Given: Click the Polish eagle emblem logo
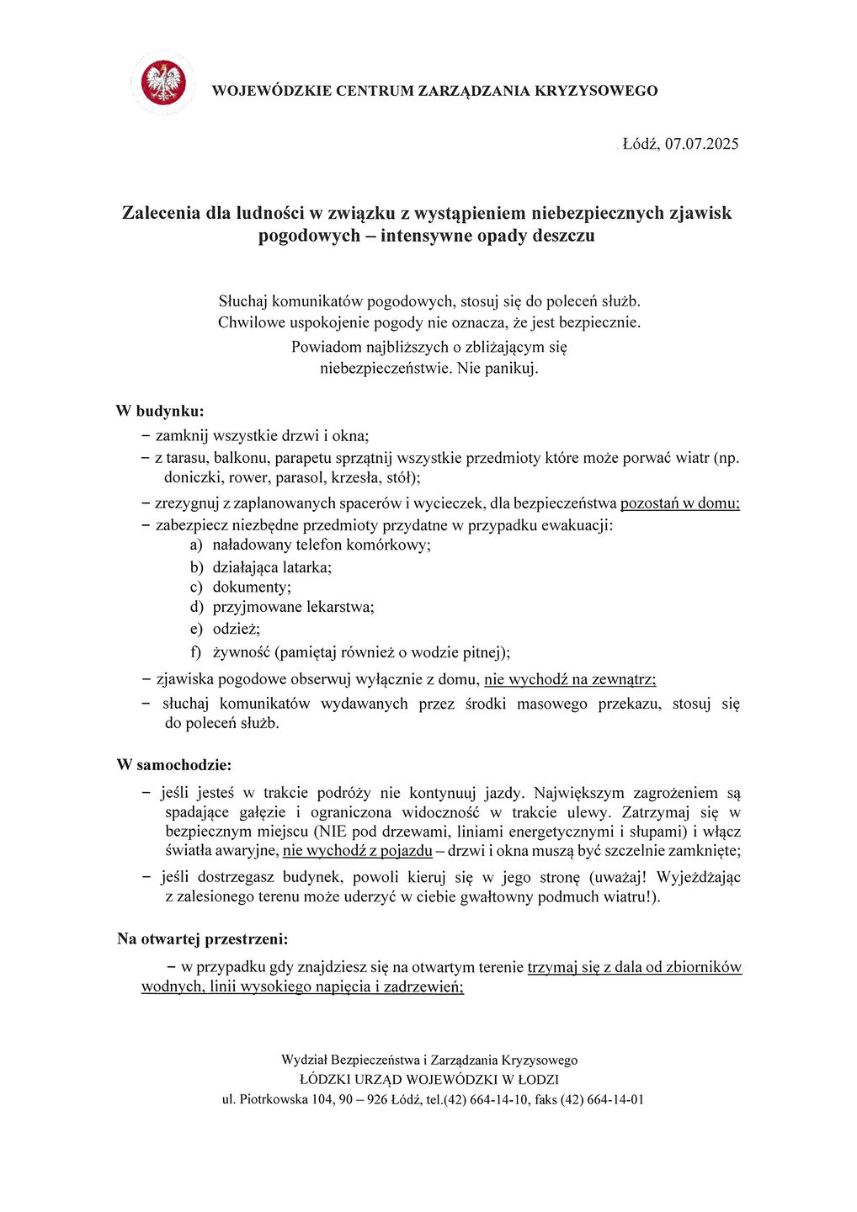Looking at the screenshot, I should (163, 82).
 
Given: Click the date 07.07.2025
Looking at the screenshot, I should (701, 144).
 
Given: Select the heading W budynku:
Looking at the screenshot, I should (159, 412).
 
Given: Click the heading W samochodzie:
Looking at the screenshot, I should (173, 765).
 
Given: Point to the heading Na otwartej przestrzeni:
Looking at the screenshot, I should (202, 938).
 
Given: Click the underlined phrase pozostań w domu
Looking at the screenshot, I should (679, 503).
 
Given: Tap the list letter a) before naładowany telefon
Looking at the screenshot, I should (196, 545).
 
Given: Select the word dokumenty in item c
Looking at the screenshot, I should (251, 587).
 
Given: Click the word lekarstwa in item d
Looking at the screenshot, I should (340, 607).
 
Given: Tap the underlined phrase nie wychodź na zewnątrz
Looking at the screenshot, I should (569, 679).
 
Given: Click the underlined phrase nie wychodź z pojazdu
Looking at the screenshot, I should (357, 851).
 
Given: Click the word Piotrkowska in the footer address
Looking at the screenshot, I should (274, 1099).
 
